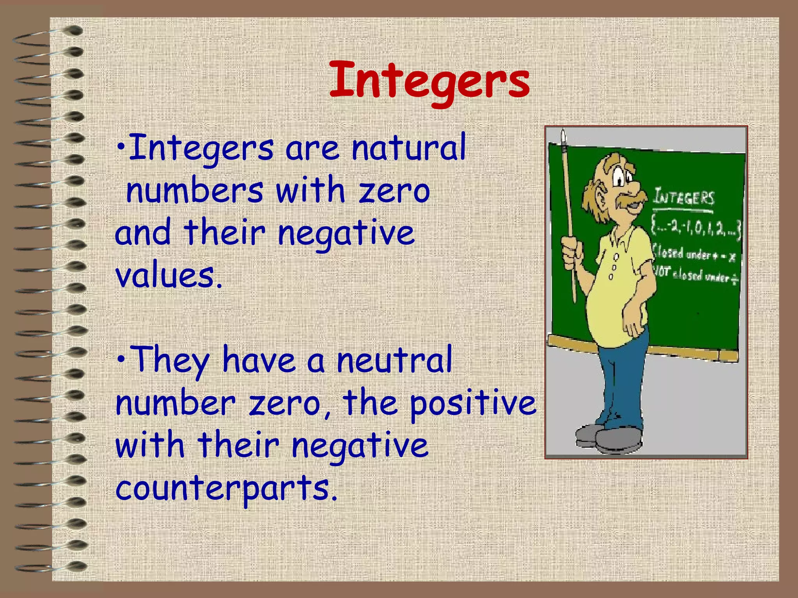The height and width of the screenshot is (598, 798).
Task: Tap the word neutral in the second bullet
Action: pos(394,360)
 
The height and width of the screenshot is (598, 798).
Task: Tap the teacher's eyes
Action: pos(623,179)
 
